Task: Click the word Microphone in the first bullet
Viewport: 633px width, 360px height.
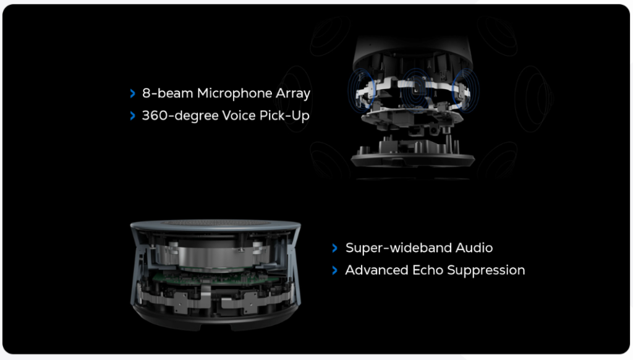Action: pos(234,93)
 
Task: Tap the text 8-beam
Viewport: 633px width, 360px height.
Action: pos(168,93)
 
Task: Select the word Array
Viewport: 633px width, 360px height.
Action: pos(292,94)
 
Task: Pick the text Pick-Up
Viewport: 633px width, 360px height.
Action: pos(284,116)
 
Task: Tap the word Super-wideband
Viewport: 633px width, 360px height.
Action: pos(399,247)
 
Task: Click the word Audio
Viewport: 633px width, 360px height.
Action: pos(474,247)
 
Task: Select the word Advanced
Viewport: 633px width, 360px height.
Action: pos(376,270)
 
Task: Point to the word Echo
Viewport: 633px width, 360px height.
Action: pos(428,270)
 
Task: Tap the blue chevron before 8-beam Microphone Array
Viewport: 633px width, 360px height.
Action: pos(133,94)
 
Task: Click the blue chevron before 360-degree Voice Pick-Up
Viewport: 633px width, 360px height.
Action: pos(133,116)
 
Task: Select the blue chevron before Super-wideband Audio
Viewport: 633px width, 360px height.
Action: pos(334,248)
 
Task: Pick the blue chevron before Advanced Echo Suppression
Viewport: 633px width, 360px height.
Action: pos(334,270)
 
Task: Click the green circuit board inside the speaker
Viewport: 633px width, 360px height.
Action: pos(214,278)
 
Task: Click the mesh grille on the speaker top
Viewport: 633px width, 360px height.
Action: pos(216,223)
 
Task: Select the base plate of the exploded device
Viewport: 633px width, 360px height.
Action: pos(412,159)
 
